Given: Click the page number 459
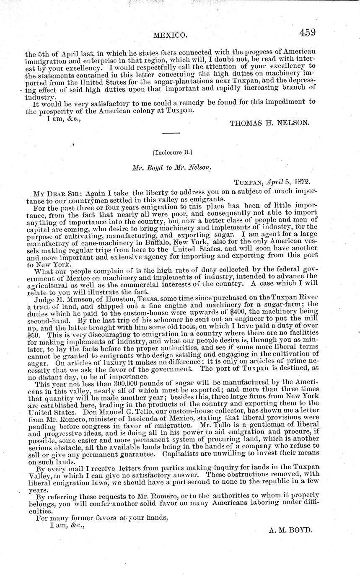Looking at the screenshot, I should click(x=307, y=33).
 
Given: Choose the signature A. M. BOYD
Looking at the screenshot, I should click(x=290, y=529).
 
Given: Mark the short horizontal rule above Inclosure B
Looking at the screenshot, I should click(x=171, y=133).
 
